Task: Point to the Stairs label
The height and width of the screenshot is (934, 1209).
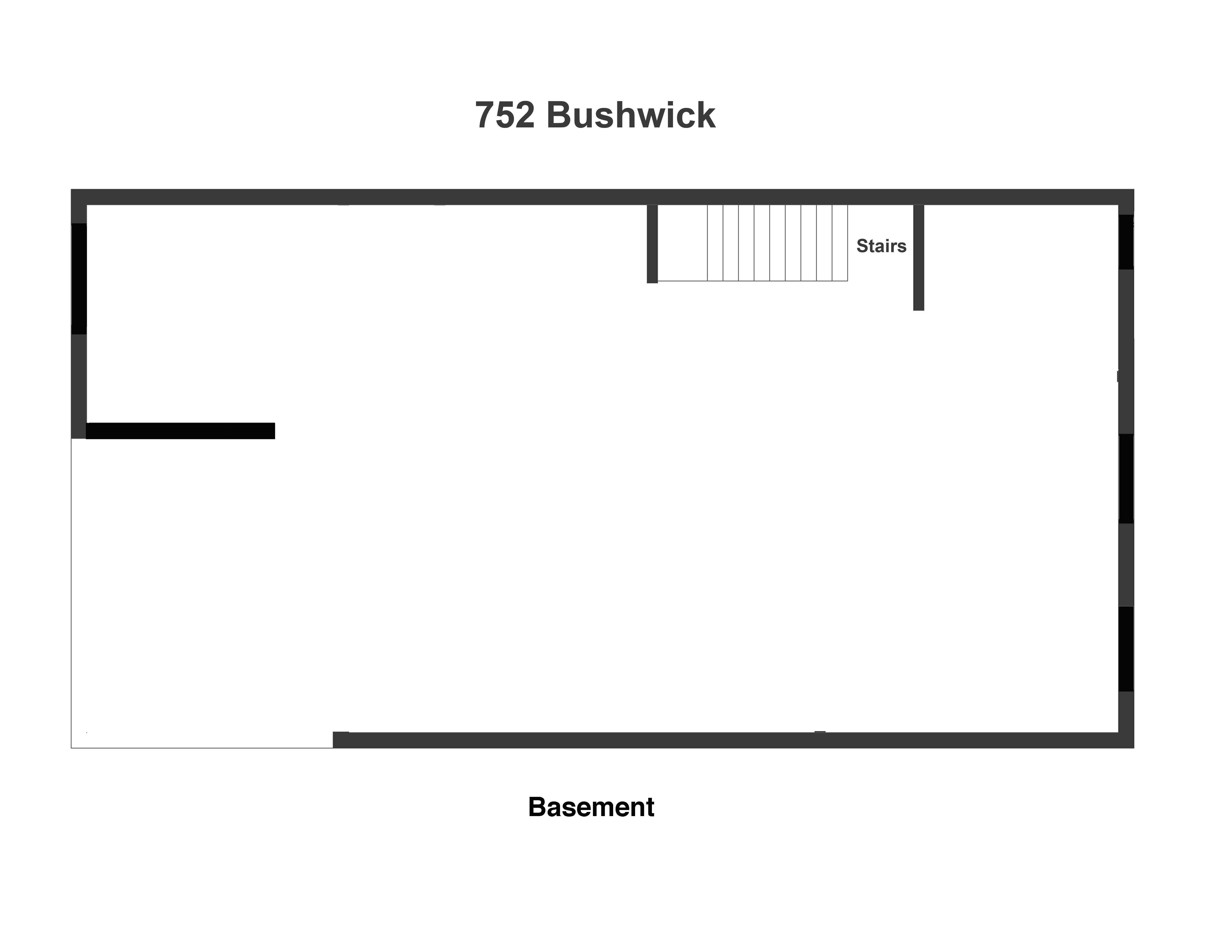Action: coord(881,246)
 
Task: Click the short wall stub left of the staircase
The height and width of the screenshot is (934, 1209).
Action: coord(652,243)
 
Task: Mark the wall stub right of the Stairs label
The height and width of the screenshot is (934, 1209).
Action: coord(918,257)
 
